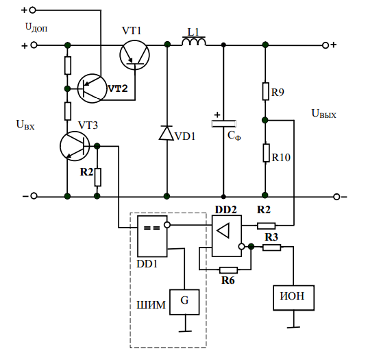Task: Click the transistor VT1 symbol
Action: pyautogui.click(x=135, y=55)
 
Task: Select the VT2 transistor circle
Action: pyautogui.click(x=93, y=88)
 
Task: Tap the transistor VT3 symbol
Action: pyautogui.click(x=75, y=146)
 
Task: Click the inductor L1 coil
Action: pyautogui.click(x=194, y=41)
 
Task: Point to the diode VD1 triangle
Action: pyautogui.click(x=167, y=133)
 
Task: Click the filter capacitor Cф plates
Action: pyautogui.click(x=223, y=123)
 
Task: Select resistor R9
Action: pyautogui.click(x=266, y=91)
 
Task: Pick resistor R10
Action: pyautogui.click(x=266, y=153)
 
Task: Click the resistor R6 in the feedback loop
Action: pyautogui.click(x=228, y=270)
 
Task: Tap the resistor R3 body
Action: pyautogui.click(x=271, y=248)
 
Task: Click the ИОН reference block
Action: pyautogui.click(x=293, y=298)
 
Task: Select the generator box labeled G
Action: pyautogui.click(x=184, y=302)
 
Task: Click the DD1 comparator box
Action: pyautogui.click(x=152, y=237)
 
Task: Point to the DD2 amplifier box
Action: pyautogui.click(x=227, y=236)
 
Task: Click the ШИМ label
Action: pyautogui.click(x=151, y=305)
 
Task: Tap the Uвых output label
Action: pyautogui.click(x=323, y=114)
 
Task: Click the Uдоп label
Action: pyautogui.click(x=36, y=27)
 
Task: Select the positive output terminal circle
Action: pyautogui.click(x=326, y=45)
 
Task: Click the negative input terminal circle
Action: pyautogui.click(x=34, y=196)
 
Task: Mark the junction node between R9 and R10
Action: pyautogui.click(x=265, y=120)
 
